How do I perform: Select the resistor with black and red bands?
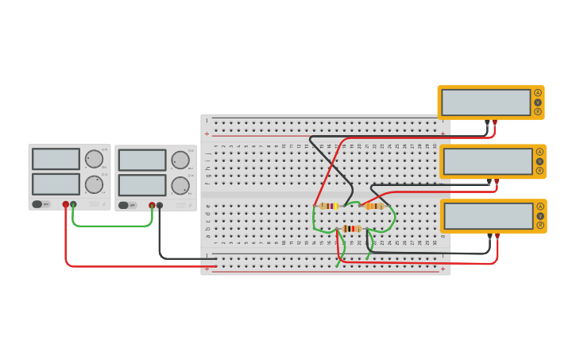point(350,229)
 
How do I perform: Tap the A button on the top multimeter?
point(538,93)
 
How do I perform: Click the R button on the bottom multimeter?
point(540,226)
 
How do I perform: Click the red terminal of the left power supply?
point(66,204)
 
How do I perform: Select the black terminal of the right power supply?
point(160,205)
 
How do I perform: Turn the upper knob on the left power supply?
point(94,159)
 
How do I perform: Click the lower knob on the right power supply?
point(180,186)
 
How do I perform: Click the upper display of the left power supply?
point(56,159)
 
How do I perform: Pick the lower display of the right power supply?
point(142,185)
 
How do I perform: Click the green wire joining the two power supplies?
point(111,226)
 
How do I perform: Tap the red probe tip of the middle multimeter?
point(497,182)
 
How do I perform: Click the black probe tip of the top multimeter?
point(487,123)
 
